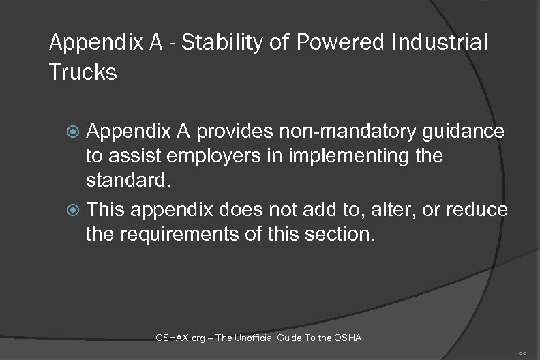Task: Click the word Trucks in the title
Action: coord(83,72)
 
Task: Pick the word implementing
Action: coord(362,157)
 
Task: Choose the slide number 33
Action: coord(524,351)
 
